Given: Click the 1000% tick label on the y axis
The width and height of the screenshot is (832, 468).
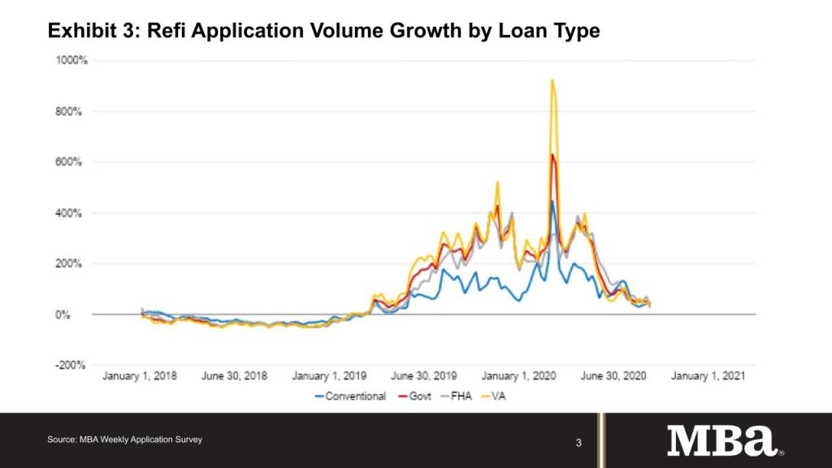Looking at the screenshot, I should click(x=72, y=60).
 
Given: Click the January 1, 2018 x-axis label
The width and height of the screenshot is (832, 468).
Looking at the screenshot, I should click(x=139, y=376).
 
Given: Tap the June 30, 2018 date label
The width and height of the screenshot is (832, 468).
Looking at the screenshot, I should click(x=234, y=376).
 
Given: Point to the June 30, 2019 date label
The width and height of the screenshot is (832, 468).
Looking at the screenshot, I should click(x=423, y=376).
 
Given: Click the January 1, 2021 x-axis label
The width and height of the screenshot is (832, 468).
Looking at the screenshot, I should click(x=708, y=376).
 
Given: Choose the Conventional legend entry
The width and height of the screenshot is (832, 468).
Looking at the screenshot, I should click(x=355, y=396).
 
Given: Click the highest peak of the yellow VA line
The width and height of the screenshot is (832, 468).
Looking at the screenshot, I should click(x=552, y=80).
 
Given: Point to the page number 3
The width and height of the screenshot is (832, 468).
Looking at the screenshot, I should click(x=578, y=443).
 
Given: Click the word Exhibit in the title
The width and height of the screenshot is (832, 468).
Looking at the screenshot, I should click(x=80, y=31).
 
